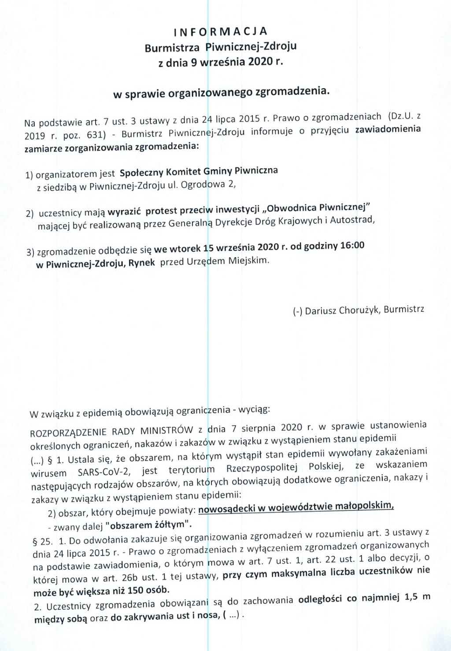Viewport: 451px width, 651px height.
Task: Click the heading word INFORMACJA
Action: (x=220, y=32)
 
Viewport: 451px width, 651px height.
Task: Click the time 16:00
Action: (x=352, y=245)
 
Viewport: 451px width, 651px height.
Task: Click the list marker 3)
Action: (x=30, y=252)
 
